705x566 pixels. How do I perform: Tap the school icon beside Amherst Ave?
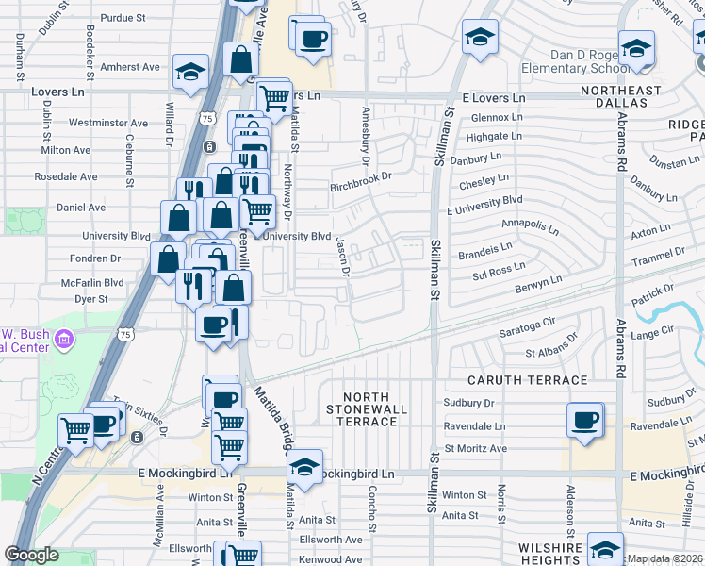click(x=191, y=71)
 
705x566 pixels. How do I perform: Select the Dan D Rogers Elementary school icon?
click(x=636, y=48)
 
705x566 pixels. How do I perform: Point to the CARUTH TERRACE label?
click(x=528, y=380)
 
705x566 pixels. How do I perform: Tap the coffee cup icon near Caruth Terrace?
click(x=585, y=418)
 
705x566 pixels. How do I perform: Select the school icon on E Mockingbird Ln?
click(x=304, y=466)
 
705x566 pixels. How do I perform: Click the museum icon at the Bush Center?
click(x=64, y=338)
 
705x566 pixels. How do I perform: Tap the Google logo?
click(x=31, y=555)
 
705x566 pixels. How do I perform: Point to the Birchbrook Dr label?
click(x=360, y=187)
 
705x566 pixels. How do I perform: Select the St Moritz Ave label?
click(x=476, y=448)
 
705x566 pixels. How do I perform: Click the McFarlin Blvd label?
click(x=92, y=282)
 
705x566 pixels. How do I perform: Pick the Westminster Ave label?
click(x=108, y=123)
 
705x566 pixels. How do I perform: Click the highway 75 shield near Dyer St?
click(x=125, y=333)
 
